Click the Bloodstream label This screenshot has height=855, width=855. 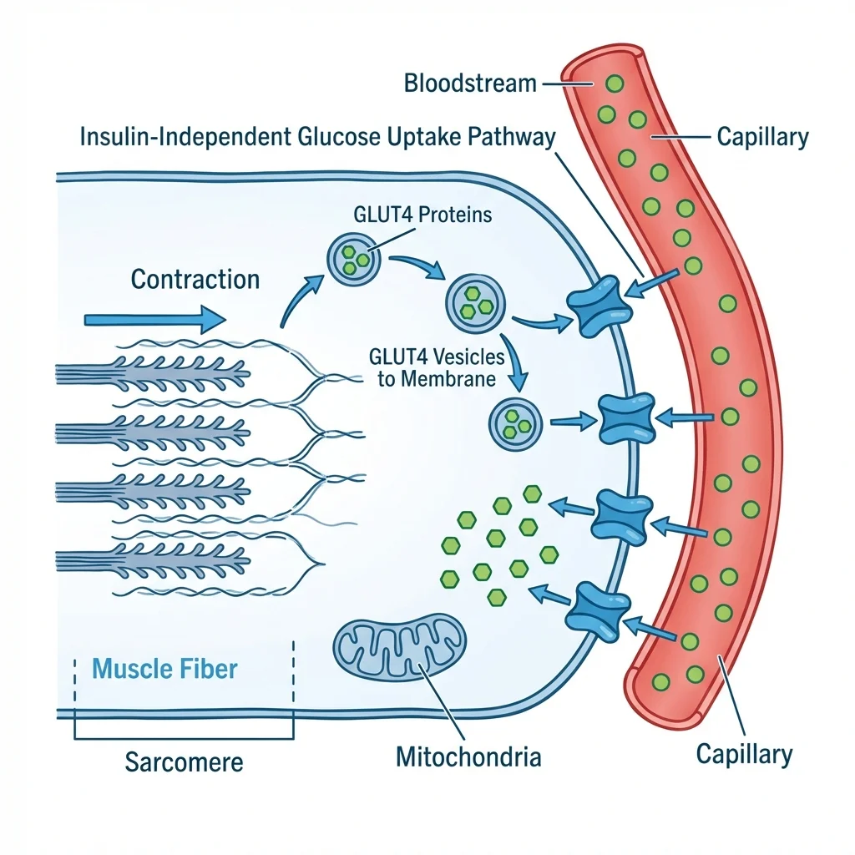[469, 83]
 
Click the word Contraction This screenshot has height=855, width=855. [195, 279]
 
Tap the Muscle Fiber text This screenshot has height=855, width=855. [164, 668]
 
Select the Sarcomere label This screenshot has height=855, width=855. [184, 761]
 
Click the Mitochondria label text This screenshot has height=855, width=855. [468, 757]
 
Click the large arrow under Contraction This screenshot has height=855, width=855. [155, 318]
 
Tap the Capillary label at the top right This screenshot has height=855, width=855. [762, 137]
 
